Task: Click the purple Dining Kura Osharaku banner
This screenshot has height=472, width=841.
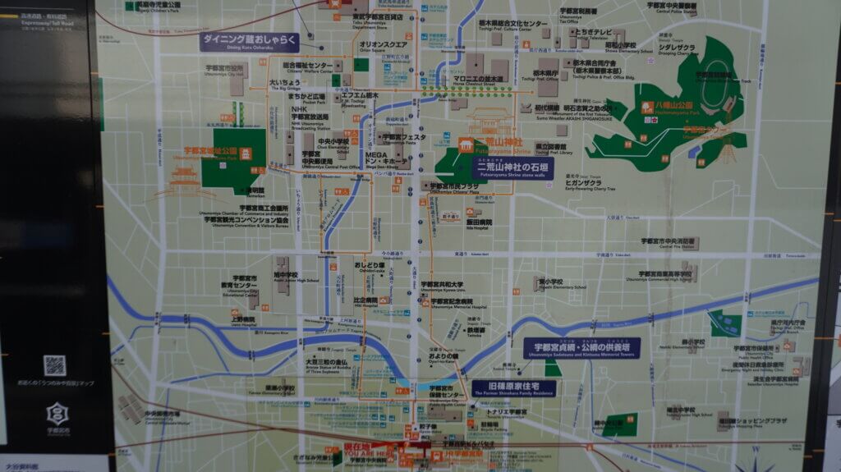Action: pos(249,42)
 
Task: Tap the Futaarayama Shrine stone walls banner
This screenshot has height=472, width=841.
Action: pos(515,169)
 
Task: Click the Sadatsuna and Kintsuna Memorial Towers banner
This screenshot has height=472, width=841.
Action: pos(582,347)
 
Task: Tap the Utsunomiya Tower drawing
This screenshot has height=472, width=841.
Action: pos(726,148)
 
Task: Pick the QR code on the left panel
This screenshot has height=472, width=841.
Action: pos(54,366)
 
